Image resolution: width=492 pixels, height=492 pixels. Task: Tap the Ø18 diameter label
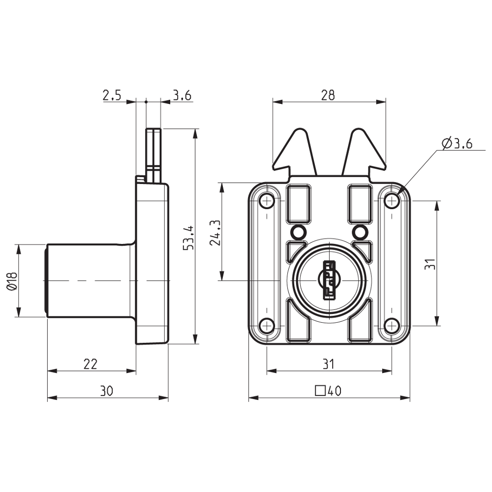[12, 281]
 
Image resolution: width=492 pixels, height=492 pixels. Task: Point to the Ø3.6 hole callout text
[457, 144]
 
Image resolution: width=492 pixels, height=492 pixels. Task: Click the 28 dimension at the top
[328, 95]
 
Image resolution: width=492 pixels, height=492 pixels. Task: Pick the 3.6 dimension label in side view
[182, 95]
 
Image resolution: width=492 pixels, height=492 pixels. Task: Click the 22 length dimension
[91, 364]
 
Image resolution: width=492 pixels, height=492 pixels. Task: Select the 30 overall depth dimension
[107, 391]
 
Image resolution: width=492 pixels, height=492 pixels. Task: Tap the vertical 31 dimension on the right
[430, 264]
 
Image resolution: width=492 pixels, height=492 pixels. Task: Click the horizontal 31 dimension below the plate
[328, 364]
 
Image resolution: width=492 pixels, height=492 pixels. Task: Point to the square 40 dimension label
[328, 391]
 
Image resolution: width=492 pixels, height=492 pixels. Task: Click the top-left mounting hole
[266, 200]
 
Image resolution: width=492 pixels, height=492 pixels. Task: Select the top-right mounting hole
[392, 200]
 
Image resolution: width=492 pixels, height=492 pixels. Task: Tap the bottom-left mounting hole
[266, 325]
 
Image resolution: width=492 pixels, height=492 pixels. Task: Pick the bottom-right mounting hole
[392, 325]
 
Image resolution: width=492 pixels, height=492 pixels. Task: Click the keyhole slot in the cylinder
[329, 280]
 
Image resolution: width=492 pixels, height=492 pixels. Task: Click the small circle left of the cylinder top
[298, 231]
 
